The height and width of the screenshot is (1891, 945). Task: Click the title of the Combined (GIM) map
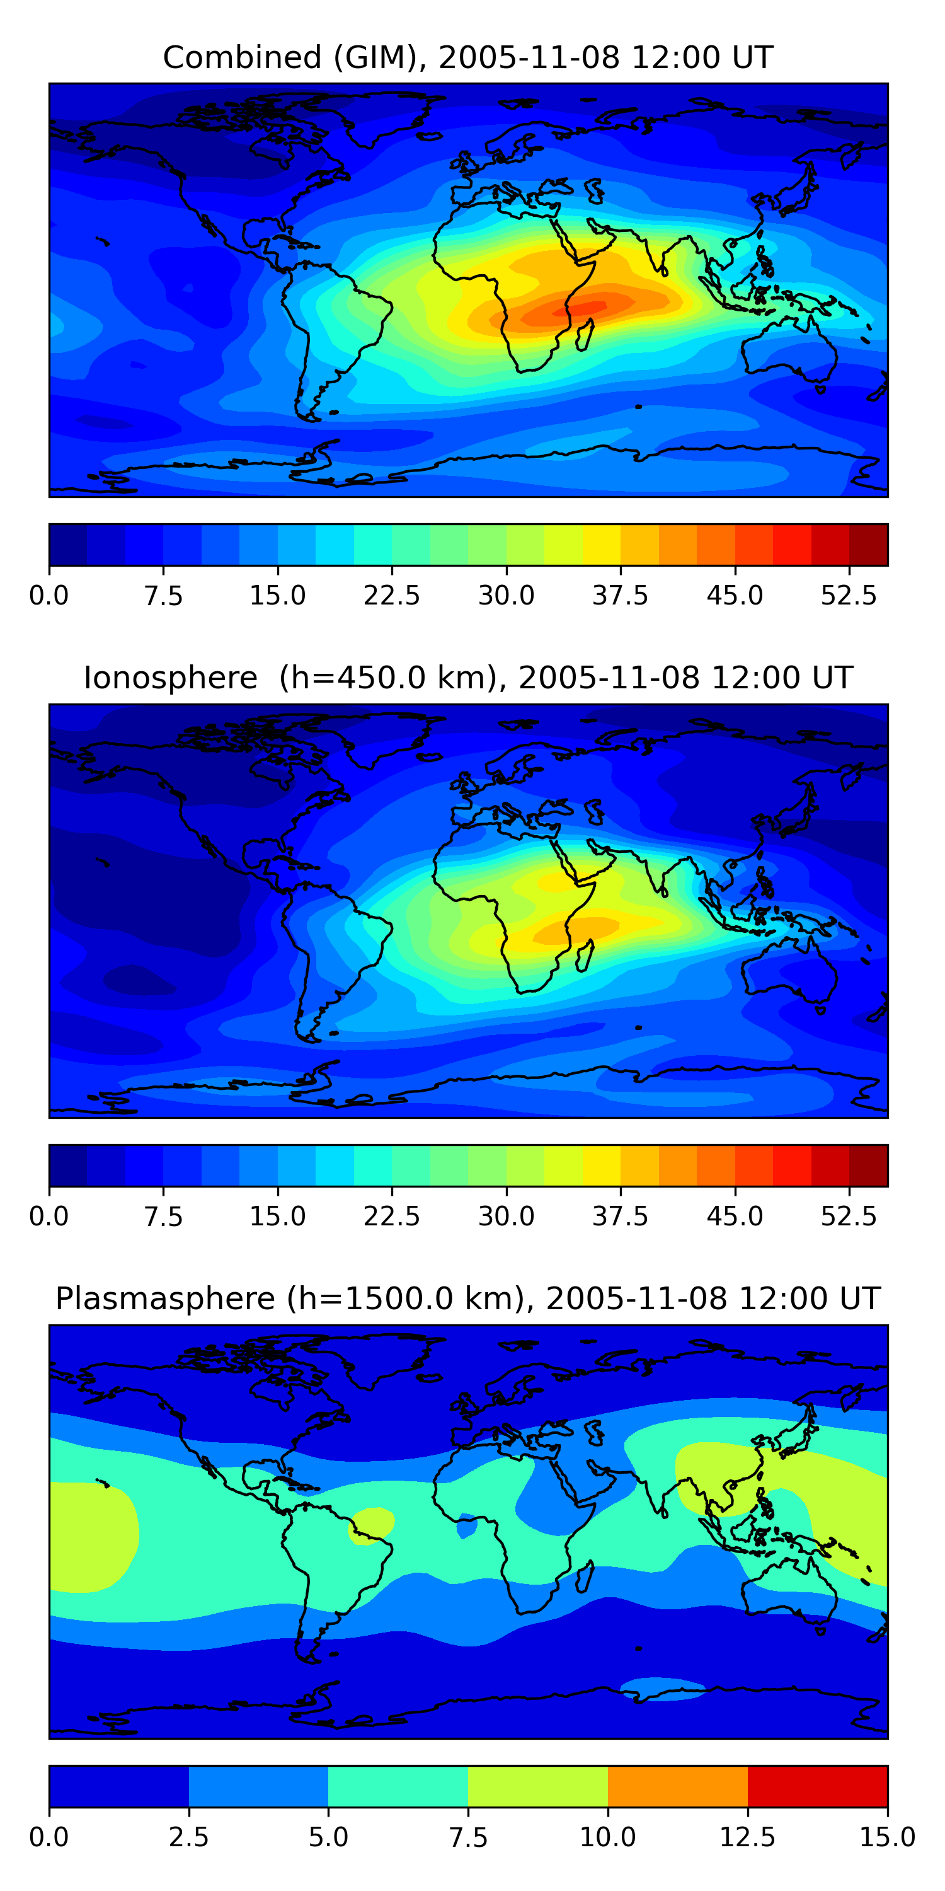coord(468,57)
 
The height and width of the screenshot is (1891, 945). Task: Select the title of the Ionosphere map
coord(468,678)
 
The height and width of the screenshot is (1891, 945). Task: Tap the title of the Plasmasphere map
coord(468,1298)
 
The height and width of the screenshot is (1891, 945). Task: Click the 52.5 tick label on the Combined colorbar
coord(848,595)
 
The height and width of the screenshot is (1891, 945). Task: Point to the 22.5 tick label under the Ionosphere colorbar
coord(392,1217)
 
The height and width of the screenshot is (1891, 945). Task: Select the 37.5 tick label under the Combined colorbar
coord(620,595)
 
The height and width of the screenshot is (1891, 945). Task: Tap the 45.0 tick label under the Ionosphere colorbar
coord(735,1217)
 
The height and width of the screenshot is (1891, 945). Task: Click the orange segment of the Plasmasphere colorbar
coord(677,1786)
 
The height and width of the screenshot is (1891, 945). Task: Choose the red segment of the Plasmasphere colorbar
coord(817,1786)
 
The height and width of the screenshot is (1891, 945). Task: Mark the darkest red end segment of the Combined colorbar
coord(869,545)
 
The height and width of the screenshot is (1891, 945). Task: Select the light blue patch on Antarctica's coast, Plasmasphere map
coord(661,1686)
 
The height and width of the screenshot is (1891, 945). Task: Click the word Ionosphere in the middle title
coord(170,678)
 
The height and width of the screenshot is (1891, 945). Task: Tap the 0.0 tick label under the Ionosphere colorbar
coord(49,1217)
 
